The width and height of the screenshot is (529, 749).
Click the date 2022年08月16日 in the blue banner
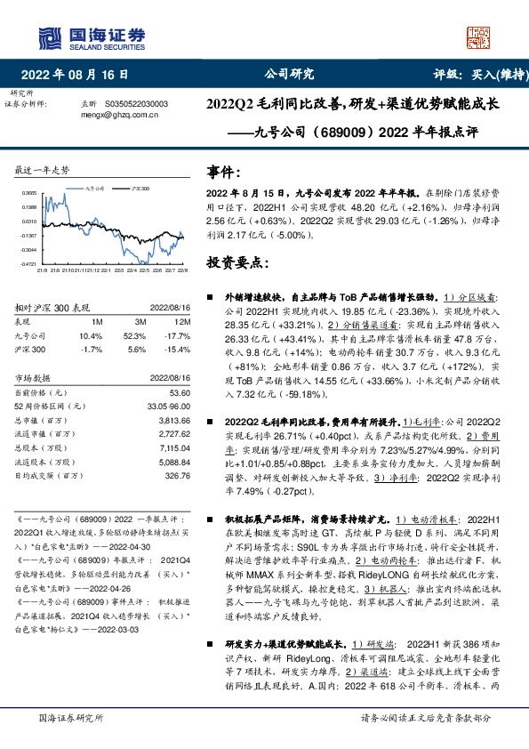[81, 74]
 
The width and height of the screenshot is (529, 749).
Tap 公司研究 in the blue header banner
[290, 74]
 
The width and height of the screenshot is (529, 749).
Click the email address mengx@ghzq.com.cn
[119, 114]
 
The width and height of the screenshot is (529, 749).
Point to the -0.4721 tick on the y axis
[28, 263]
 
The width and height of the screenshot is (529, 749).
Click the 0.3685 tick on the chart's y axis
[28, 192]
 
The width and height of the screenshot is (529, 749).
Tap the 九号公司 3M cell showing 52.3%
[134, 336]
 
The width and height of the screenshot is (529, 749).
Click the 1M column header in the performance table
[97, 321]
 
